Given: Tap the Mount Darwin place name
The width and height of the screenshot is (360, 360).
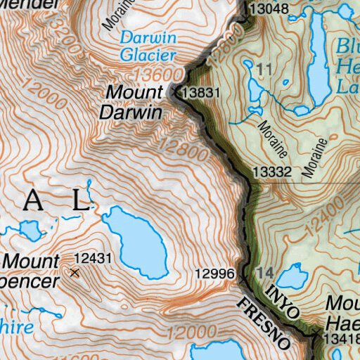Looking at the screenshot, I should point(134,102).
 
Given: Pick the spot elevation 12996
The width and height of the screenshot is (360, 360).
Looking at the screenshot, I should point(214,273).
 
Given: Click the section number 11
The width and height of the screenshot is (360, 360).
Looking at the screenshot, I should point(264,69).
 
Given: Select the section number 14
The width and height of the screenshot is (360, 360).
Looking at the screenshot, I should point(264,273).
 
